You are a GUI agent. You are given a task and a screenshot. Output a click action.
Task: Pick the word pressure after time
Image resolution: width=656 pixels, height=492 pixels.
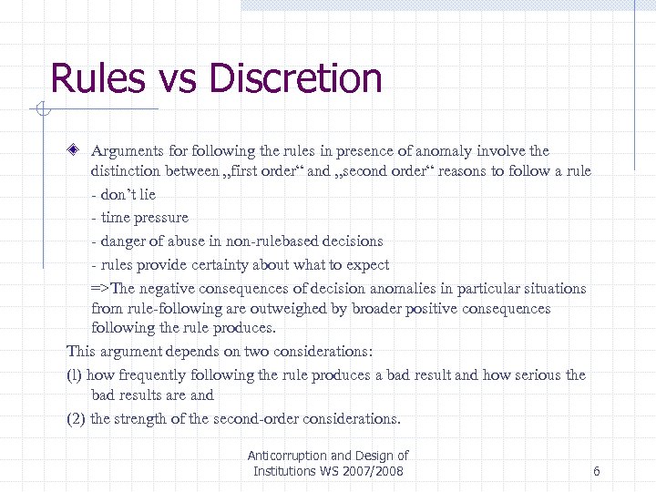coord(161,218)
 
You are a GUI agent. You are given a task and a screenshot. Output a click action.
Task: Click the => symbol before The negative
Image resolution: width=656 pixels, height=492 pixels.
coord(100,289)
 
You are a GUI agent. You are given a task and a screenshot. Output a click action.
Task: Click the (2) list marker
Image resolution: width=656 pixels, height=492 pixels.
coord(76,419)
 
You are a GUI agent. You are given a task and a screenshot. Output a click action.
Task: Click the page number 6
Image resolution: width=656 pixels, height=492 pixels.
coord(596,471)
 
